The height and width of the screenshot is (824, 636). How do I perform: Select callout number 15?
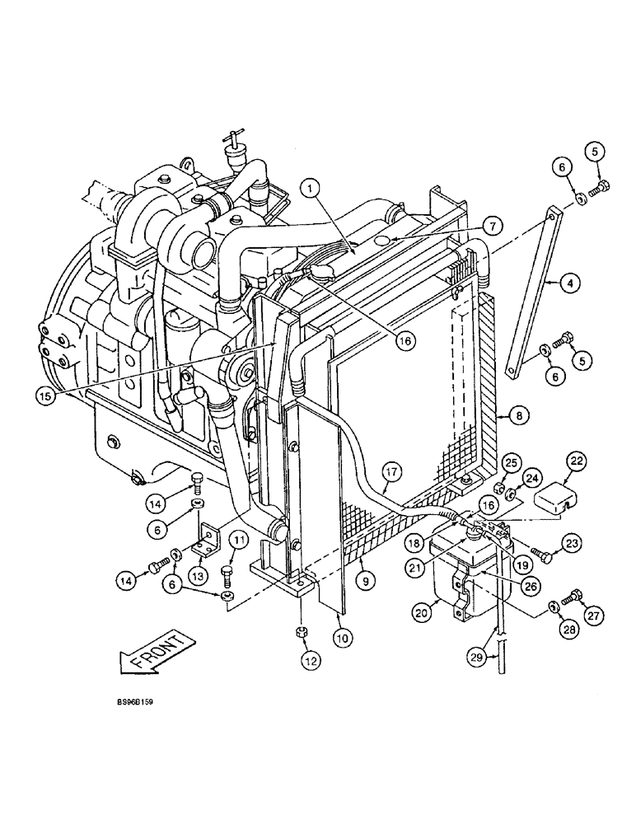[x=49, y=394]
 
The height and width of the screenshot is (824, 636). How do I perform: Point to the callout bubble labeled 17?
[x=391, y=472]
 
